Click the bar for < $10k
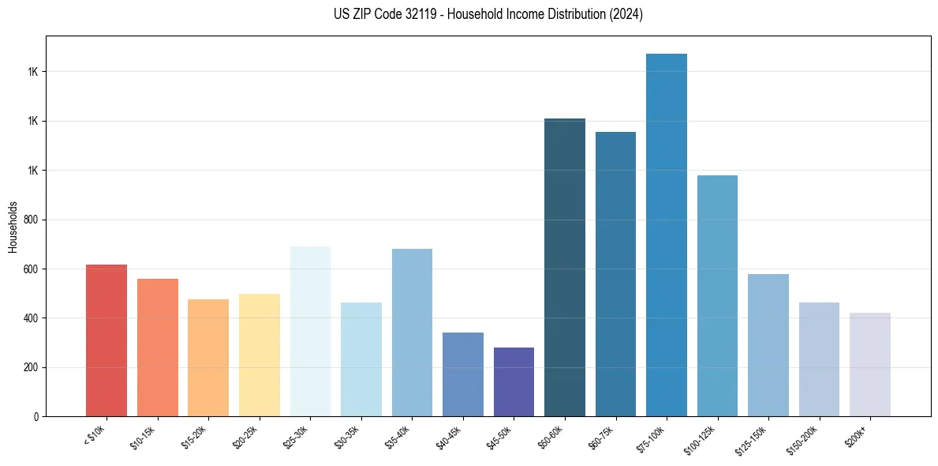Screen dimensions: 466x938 pos(107,340)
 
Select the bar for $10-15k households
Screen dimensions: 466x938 pos(157,348)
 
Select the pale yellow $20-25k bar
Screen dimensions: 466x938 pos(260,355)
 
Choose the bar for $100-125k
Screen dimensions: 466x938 pos(717,295)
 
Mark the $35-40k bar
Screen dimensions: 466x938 pos(412,333)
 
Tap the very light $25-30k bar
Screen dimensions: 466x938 pos(310,331)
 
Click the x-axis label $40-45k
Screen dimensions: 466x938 pos(448,437)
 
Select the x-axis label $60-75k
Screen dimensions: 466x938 pos(601,437)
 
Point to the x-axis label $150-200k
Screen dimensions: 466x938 pos(802,438)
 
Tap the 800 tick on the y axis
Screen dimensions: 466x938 pos(32,220)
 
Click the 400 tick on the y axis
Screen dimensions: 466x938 pos(32,318)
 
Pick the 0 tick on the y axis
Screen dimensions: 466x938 pos(36,416)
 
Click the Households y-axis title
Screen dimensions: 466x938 pos(13,226)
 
